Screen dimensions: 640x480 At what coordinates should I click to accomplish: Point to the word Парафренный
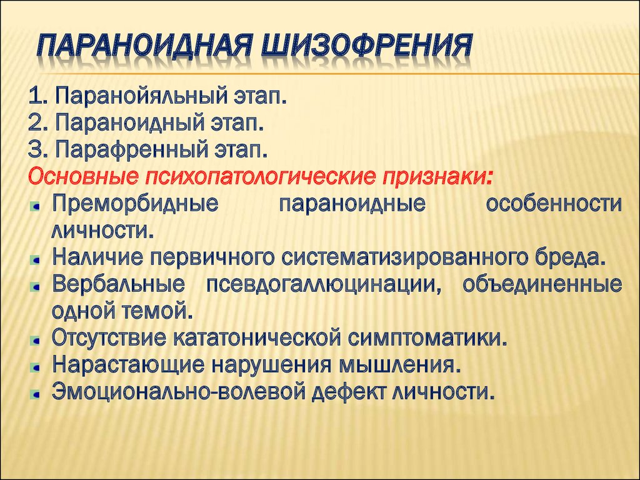pyautogui.click(x=131, y=150)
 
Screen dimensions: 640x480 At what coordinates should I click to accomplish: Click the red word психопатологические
pyautogui.click(x=259, y=176)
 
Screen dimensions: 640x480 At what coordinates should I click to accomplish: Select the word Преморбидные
pyautogui.click(x=135, y=203)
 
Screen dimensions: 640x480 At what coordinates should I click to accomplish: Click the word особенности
pyautogui.click(x=554, y=203)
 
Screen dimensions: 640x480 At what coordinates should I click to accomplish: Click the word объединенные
pyautogui.click(x=542, y=284)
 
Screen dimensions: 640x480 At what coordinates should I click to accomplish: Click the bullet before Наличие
pyautogui.click(x=36, y=259)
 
